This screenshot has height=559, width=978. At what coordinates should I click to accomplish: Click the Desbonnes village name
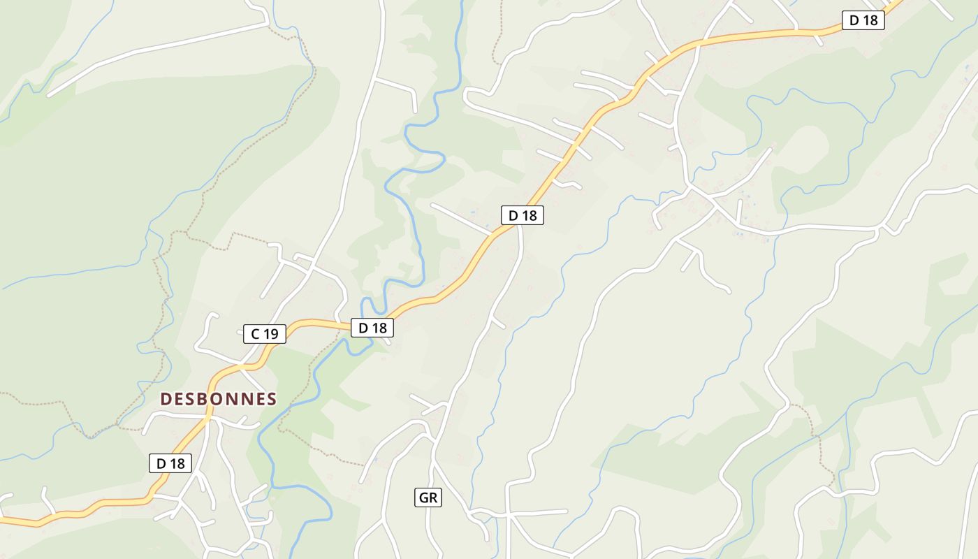coord(219,399)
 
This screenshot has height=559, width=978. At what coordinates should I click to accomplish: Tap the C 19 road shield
coord(264,334)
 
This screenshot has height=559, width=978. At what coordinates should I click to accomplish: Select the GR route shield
coord(428,498)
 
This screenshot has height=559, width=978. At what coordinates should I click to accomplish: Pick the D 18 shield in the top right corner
coord(863,20)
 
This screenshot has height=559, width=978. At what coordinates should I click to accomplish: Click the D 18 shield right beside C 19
coord(372,327)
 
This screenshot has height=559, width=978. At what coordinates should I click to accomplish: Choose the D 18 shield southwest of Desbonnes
coord(170,463)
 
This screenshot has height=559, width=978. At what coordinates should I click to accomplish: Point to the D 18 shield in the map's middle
coord(522,215)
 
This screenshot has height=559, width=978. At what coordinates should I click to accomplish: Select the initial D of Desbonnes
coord(166,399)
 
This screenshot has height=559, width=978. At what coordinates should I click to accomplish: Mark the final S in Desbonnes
coord(271,399)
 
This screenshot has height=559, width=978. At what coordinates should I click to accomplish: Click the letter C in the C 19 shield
coord(255,334)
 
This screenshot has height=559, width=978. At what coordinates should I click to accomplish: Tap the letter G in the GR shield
coord(423,498)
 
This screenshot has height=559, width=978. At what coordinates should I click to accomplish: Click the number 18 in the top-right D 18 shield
coord(870,20)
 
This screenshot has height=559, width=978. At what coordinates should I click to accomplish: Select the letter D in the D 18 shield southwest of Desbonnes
coord(161,463)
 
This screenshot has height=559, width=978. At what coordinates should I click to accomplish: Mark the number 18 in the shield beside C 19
coord(379,327)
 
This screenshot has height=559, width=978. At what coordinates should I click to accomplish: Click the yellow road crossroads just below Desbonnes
coord(209,417)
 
